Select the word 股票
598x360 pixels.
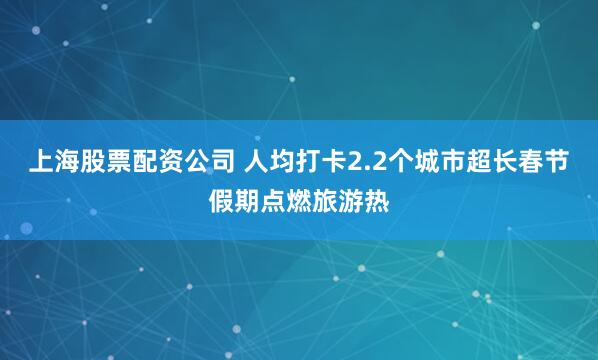coord(93,162)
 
